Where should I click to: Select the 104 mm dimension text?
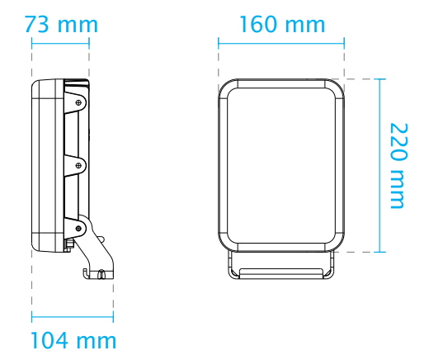(73, 339)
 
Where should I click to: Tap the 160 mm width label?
(282, 24)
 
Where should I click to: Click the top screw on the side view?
(79, 102)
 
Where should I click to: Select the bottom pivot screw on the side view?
(78, 228)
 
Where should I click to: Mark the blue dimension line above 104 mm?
(73, 315)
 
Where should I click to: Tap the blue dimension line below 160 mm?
(282, 41)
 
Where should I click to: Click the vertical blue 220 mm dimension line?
(380, 165)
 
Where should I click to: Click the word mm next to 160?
(306, 24)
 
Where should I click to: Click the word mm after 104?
(97, 339)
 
